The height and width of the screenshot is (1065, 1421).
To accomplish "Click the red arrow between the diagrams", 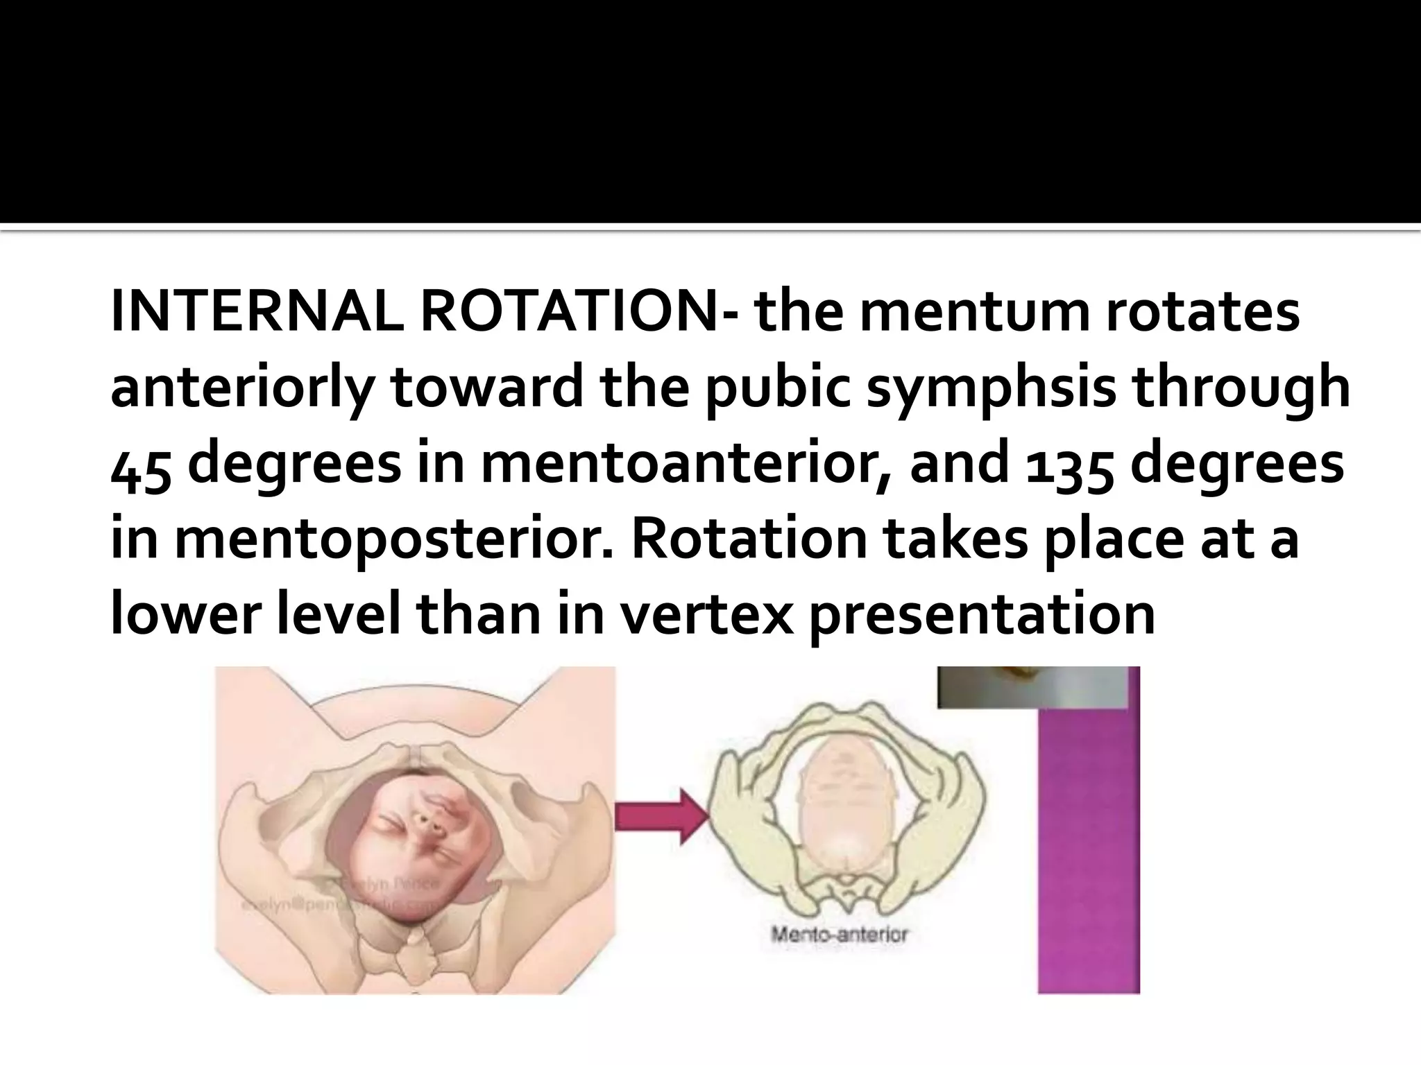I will pos(661,816).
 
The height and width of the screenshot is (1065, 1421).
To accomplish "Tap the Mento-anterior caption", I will pos(839,935).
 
